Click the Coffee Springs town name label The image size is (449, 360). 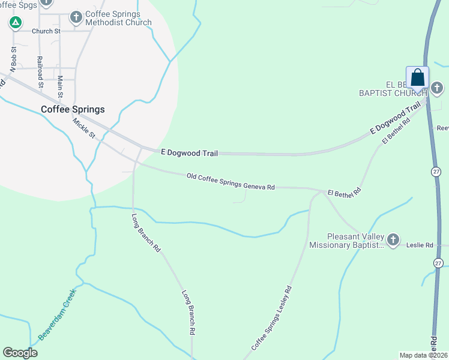[x=73, y=109]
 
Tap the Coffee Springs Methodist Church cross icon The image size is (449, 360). [x=76, y=17]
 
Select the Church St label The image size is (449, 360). [x=46, y=31]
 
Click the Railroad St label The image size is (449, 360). [x=40, y=72]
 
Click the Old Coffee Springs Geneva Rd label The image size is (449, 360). [x=231, y=182]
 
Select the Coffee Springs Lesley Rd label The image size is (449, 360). [x=271, y=319]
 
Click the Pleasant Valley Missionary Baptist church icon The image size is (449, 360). [x=393, y=241]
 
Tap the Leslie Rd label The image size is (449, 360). [x=421, y=245]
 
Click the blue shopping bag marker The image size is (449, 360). [x=418, y=79]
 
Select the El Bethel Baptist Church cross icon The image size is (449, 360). [x=436, y=90]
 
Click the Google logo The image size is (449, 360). [x=20, y=353]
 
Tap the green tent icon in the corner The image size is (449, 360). [x=16, y=23]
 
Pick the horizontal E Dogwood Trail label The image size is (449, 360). [x=189, y=154]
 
